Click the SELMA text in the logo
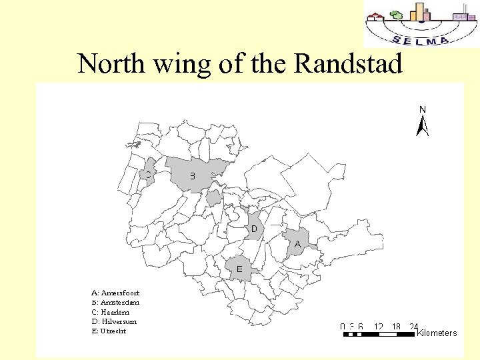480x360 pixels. [x=421, y=39]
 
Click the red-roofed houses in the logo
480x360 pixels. [x=377, y=17]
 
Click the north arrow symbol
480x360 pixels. [x=422, y=125]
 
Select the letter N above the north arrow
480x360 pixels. [x=422, y=109]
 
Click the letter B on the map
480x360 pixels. [x=193, y=176]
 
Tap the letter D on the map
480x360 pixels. [x=254, y=229]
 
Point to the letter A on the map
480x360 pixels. [x=297, y=245]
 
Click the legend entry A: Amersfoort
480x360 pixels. [x=115, y=292]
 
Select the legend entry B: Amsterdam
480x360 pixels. [x=115, y=302]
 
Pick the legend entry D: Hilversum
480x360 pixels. [x=114, y=321]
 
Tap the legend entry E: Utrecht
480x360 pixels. [x=109, y=331]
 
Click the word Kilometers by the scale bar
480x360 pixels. [x=437, y=333]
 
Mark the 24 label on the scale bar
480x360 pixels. [x=413, y=327]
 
